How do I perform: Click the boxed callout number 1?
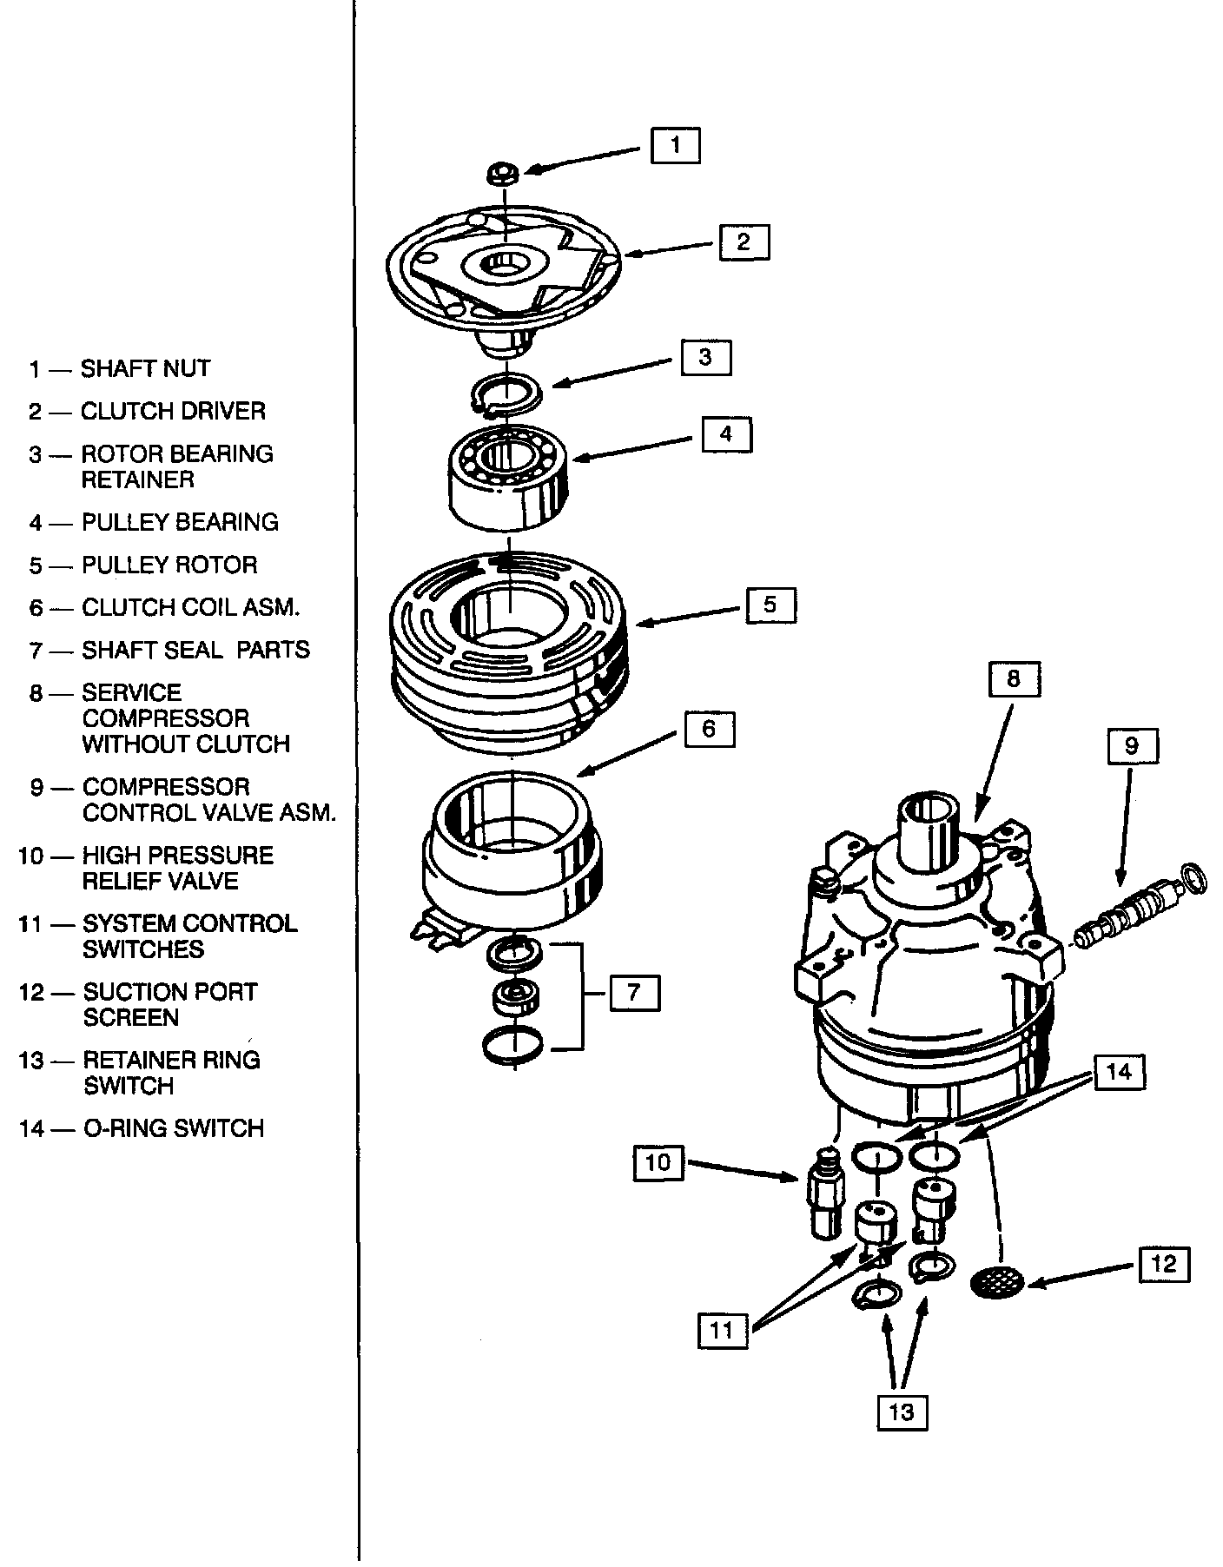(675, 144)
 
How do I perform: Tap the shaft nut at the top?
(503, 174)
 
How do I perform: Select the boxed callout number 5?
(770, 605)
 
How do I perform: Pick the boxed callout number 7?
(634, 992)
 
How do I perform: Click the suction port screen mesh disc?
(996, 1280)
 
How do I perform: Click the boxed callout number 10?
(658, 1161)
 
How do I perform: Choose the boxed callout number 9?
(1132, 745)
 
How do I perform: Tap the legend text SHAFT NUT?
(145, 368)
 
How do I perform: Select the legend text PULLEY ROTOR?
(169, 565)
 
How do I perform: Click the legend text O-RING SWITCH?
(173, 1128)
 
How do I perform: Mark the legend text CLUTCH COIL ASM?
(190, 608)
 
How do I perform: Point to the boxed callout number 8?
(1014, 678)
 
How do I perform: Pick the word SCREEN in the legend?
(131, 1017)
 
